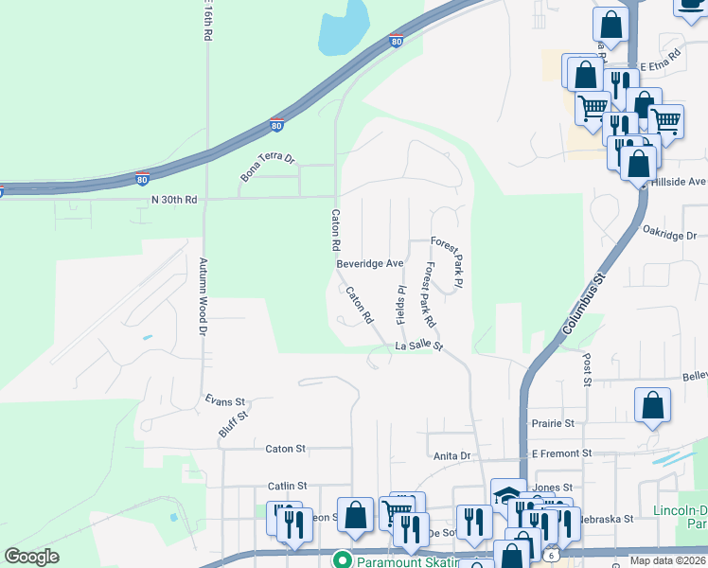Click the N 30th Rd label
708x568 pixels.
click(x=174, y=200)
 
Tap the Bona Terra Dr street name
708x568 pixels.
click(x=268, y=166)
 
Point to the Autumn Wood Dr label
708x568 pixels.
click(x=202, y=297)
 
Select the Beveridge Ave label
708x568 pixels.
click(x=370, y=263)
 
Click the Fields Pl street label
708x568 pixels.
click(x=401, y=302)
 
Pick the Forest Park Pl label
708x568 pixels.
click(x=447, y=262)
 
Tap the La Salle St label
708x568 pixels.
click(x=419, y=347)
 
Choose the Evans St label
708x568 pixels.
click(x=225, y=401)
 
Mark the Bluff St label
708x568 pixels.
click(x=233, y=422)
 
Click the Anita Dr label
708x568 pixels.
click(x=451, y=456)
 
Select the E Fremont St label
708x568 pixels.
click(x=561, y=454)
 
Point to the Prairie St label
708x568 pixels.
click(x=555, y=423)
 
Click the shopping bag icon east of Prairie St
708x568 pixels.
click(x=652, y=407)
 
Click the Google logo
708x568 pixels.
click(x=31, y=557)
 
